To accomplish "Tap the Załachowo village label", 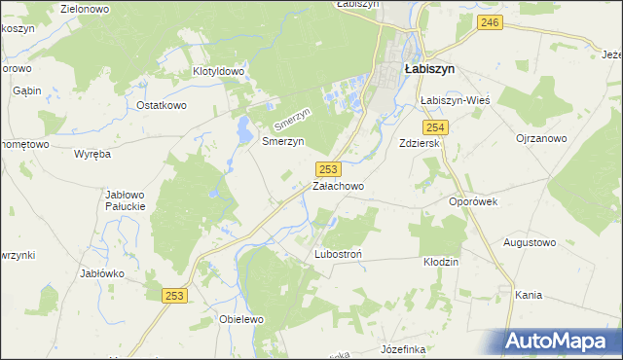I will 338,186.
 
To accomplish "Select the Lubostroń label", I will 339,254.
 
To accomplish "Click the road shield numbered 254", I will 435,127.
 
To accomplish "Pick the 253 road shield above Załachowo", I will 328,169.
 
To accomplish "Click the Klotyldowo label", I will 218,72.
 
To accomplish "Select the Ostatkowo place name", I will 162,105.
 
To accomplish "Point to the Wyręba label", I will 92,154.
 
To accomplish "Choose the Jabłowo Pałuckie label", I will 126,199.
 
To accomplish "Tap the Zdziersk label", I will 421,143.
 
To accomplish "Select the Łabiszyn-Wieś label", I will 454,100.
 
